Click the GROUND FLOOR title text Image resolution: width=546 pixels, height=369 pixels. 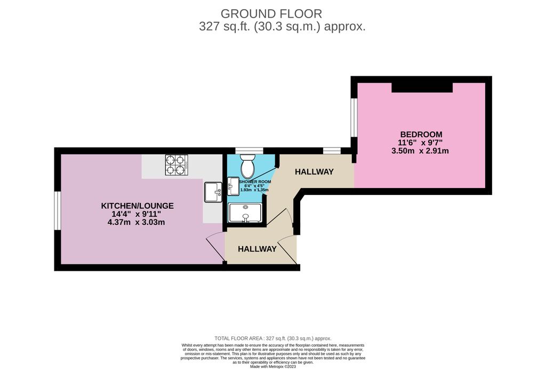coord(271,13)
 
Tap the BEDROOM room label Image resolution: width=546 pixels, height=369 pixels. coord(421,134)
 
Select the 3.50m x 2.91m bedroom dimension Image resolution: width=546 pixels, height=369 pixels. coord(420,151)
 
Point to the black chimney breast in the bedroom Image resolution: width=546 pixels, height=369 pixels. coord(422,88)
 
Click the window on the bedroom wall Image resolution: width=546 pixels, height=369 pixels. coord(354,116)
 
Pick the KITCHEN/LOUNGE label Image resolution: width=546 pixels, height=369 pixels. coord(138,206)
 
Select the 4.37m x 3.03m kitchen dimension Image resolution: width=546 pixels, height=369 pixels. coord(136,222)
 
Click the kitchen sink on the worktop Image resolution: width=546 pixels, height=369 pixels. coord(213,191)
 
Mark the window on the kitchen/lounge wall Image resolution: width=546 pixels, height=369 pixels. coord(58,210)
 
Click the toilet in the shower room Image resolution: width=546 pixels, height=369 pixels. coord(248,167)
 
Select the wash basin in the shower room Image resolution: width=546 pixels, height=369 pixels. coord(234,187)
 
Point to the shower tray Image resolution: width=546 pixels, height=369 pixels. coord(245,213)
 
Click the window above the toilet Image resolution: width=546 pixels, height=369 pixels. coord(250,151)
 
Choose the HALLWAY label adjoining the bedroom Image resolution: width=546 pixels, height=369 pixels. coord(315,171)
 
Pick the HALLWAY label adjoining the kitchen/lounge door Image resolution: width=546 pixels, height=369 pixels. coord(257,249)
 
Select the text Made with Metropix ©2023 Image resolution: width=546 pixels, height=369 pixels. coord(274,366)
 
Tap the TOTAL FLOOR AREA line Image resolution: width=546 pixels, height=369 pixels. coord(273,338)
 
